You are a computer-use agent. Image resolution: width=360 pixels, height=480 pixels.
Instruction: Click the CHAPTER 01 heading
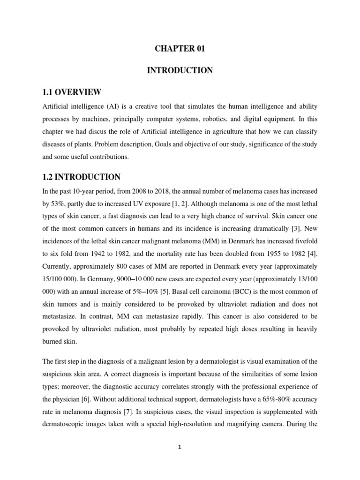click(x=180, y=49)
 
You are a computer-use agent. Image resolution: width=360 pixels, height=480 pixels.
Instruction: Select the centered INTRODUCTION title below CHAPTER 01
click(x=180, y=70)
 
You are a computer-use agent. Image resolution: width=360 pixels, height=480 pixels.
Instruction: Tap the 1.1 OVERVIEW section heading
click(x=71, y=91)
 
